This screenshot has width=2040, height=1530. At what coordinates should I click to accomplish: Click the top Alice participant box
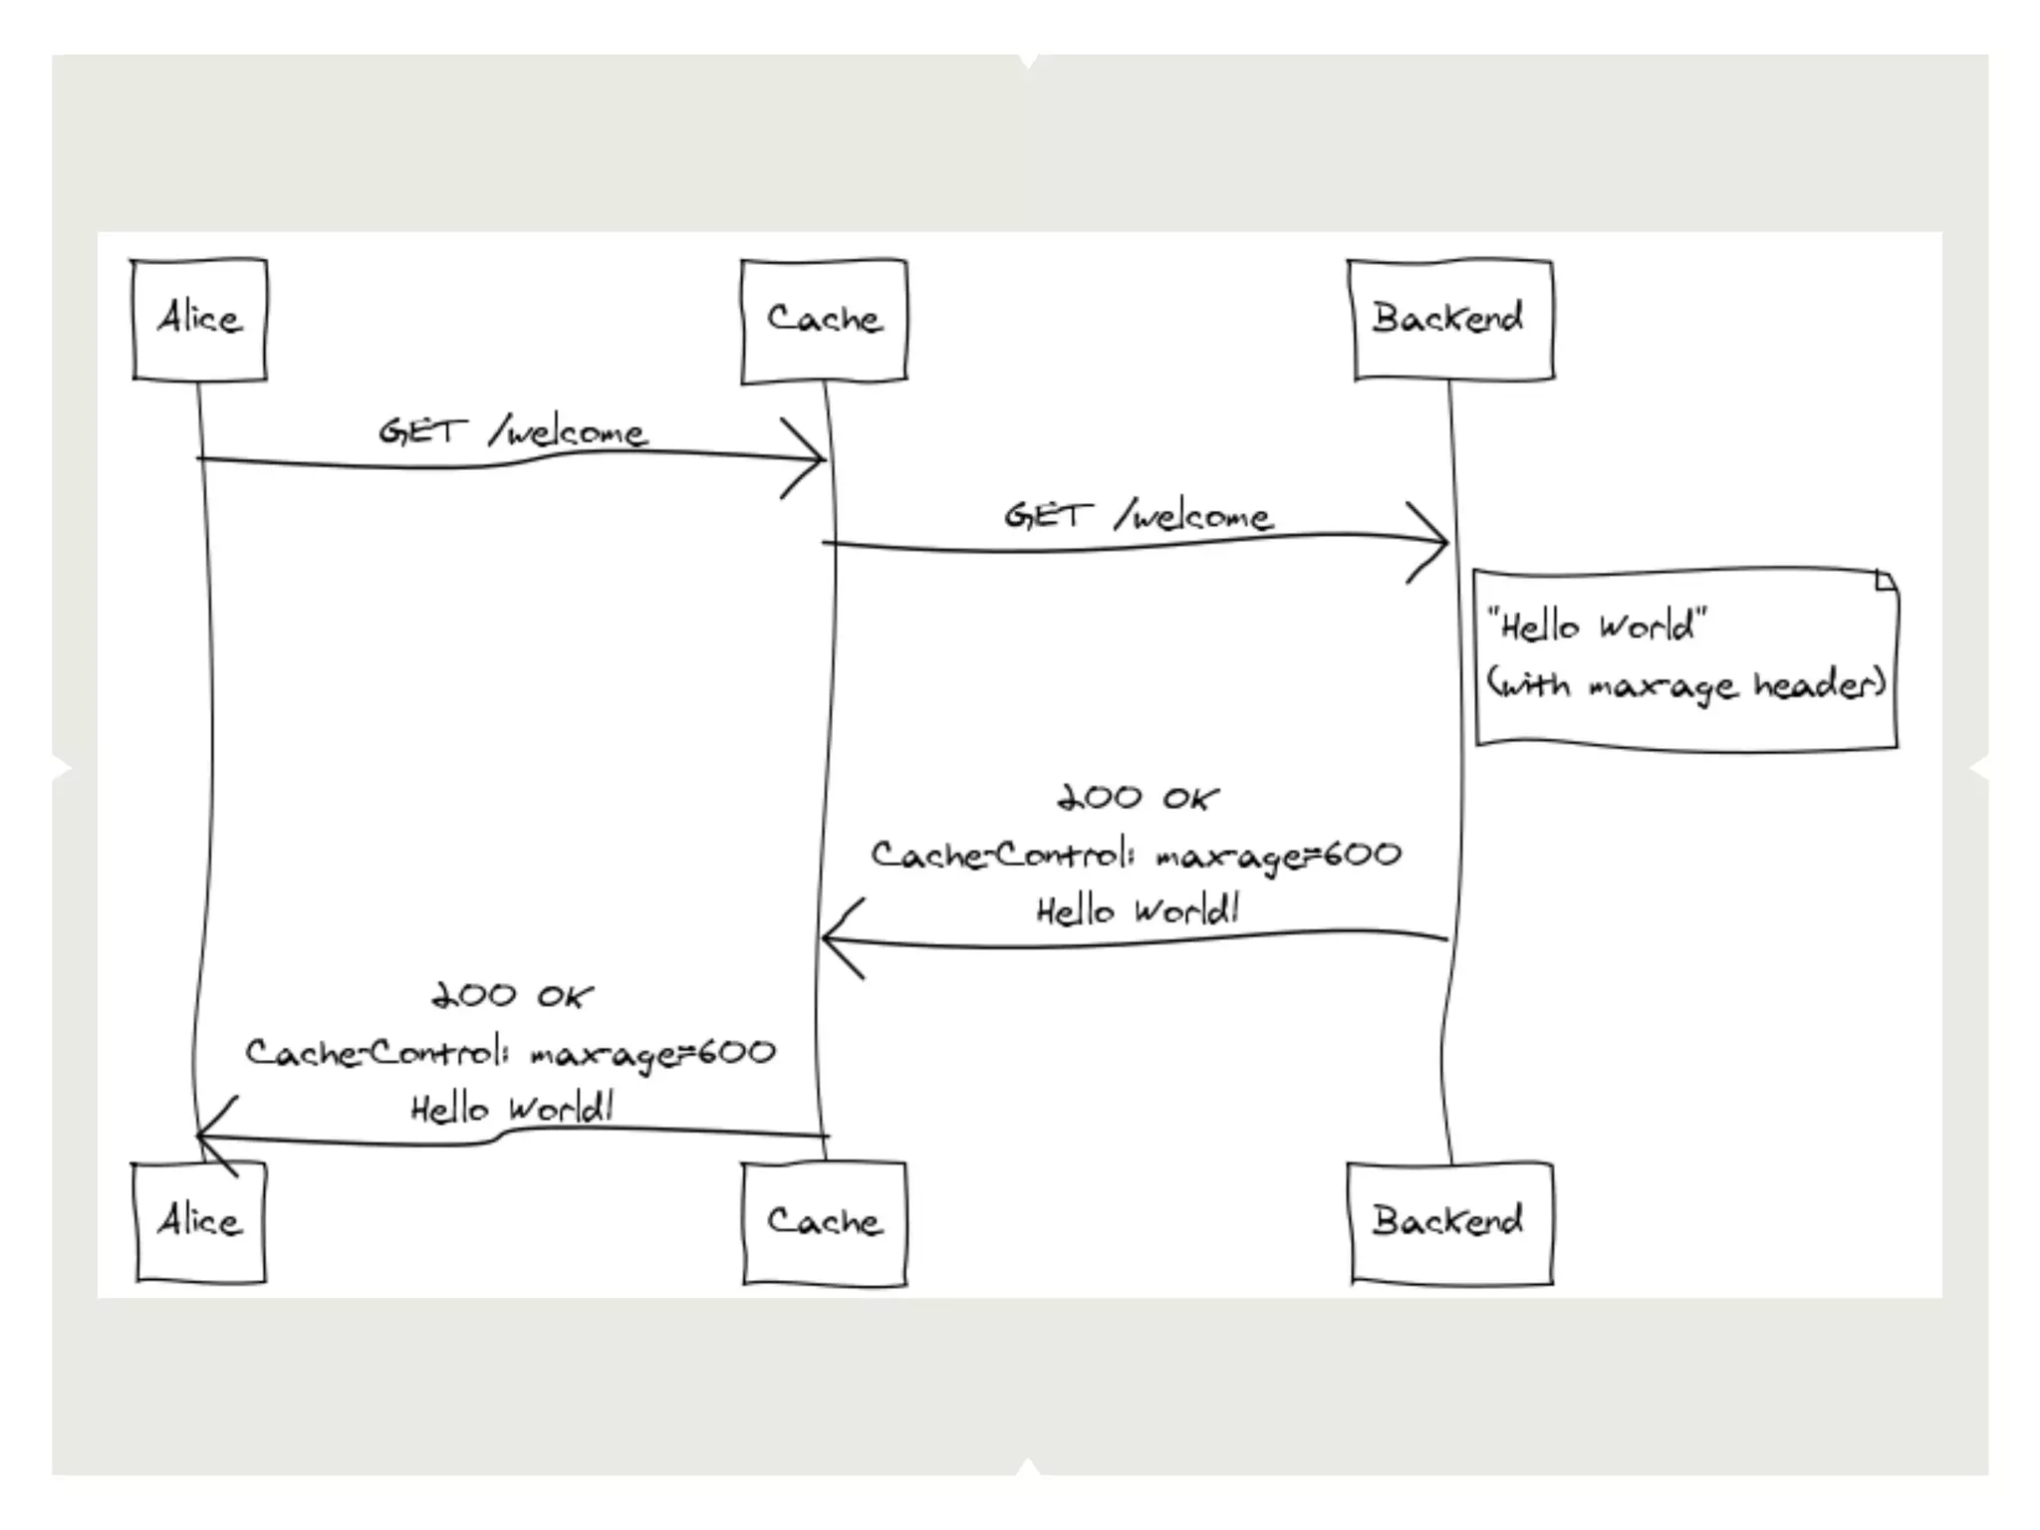[x=200, y=320]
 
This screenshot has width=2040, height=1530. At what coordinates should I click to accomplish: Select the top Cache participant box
[x=824, y=320]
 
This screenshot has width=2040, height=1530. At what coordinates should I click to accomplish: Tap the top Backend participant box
[x=1449, y=320]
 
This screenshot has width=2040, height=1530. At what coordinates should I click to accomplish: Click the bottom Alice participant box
[x=200, y=1221]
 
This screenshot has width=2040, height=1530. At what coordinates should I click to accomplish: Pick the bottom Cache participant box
[x=824, y=1221]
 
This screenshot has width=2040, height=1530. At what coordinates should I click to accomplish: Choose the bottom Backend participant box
[x=1449, y=1221]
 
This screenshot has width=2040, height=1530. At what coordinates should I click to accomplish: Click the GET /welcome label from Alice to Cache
[x=512, y=432]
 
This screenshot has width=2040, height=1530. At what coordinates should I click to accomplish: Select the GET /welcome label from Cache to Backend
[x=1138, y=516]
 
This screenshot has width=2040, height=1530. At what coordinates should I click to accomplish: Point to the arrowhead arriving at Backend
[x=1434, y=543]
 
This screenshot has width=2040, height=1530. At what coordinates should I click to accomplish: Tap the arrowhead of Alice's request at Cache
[x=811, y=459]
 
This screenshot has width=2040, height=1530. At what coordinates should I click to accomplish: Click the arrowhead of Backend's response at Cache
[x=837, y=938]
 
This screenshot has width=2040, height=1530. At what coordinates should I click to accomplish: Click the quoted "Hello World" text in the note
[x=1596, y=627]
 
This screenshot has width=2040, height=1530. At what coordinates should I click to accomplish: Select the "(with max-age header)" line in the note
[x=1685, y=685]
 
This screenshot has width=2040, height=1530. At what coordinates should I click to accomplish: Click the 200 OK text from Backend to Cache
[x=1138, y=798]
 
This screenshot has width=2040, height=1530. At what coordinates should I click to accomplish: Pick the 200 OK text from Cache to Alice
[x=512, y=995]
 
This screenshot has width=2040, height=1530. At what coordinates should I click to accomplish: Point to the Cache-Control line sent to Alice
[x=510, y=1053]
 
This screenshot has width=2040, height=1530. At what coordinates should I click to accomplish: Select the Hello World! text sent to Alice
[x=512, y=1109]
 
